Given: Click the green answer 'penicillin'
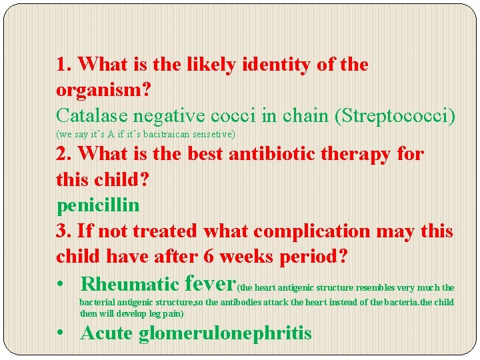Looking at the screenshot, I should [x=98, y=205].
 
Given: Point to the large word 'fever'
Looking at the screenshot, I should [x=209, y=283].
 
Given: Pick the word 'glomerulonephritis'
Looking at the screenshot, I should [x=225, y=333].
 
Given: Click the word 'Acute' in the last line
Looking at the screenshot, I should [x=107, y=333].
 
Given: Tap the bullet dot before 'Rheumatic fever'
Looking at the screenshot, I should [x=61, y=285].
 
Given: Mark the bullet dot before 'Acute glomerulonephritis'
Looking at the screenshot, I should [x=61, y=333].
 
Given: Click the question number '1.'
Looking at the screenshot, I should [x=64, y=65].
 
